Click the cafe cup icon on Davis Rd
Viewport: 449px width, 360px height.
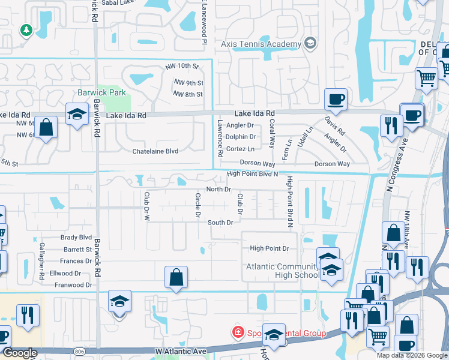click(x=336, y=99)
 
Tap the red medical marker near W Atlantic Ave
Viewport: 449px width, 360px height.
click(x=238, y=332)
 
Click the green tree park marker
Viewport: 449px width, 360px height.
click(x=26, y=29)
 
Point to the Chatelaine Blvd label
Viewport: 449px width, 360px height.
click(x=155, y=151)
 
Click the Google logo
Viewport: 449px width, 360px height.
click(x=19, y=353)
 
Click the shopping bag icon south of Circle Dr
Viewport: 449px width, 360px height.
click(x=176, y=277)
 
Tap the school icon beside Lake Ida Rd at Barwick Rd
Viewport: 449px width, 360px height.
click(x=77, y=114)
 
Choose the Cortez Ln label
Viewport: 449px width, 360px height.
click(x=243, y=149)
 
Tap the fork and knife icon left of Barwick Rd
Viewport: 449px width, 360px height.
click(x=28, y=315)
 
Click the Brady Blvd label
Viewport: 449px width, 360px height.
click(x=76, y=238)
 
